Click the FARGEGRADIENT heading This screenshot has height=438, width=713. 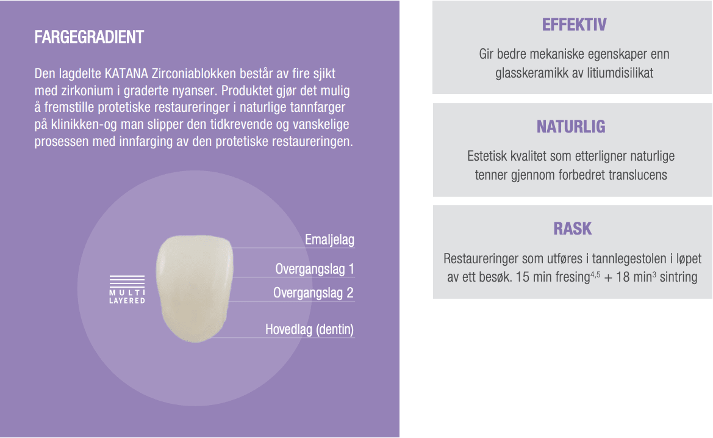click(89, 37)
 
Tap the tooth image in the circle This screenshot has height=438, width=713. click(195, 288)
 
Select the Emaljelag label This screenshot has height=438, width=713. click(329, 240)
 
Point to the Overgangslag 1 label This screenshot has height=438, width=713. click(315, 269)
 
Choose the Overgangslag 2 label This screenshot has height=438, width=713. click(314, 293)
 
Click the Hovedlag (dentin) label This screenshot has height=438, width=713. click(309, 329)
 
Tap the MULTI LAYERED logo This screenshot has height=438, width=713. click(127, 290)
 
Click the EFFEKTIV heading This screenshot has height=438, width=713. click(574, 24)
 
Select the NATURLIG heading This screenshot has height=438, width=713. click(571, 126)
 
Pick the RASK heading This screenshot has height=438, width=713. click(573, 228)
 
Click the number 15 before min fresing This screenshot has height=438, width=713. click(523, 277)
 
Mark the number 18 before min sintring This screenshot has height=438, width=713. click(623, 277)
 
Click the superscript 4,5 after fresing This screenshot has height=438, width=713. click(595, 274)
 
